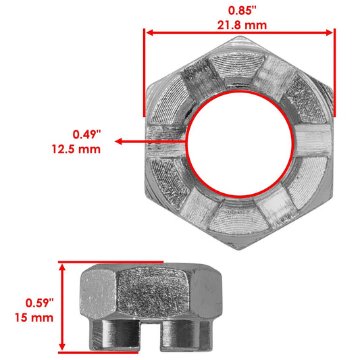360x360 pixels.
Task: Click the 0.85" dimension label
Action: (240, 11)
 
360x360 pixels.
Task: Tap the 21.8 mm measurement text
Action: (240, 25)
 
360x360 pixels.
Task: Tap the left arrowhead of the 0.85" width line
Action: (149, 32)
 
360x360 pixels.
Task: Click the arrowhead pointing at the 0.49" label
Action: (118, 142)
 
